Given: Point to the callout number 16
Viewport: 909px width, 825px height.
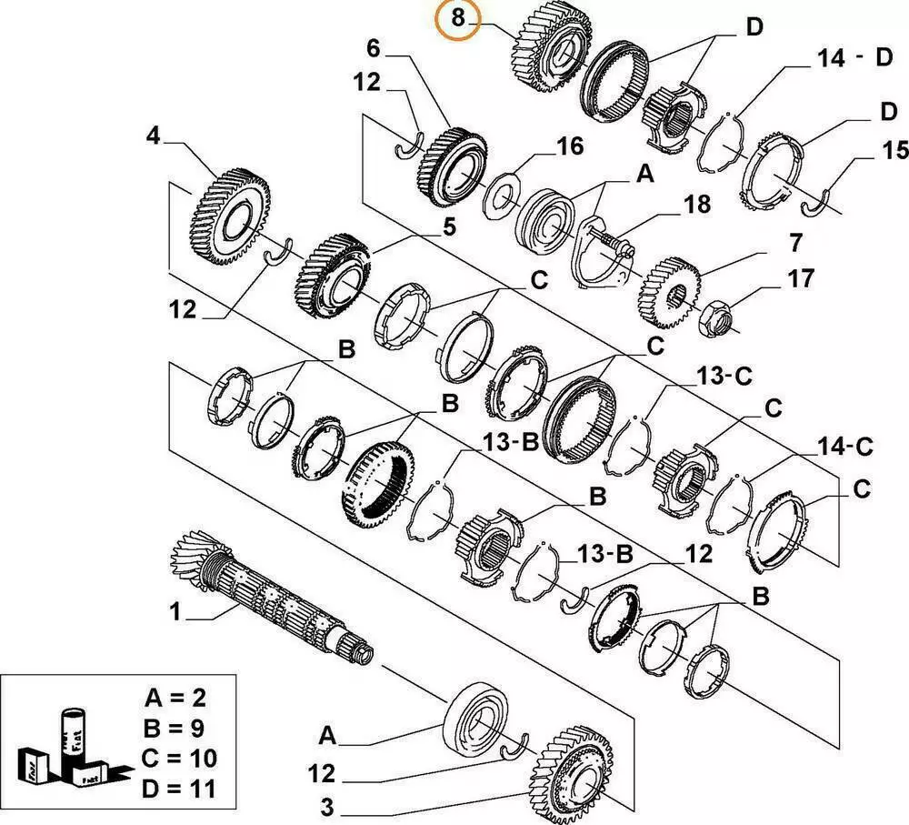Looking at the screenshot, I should pos(569,147).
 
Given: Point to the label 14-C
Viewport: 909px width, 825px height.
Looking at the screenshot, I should pos(843,446).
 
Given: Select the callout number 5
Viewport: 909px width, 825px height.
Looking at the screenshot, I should pos(449,229).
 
